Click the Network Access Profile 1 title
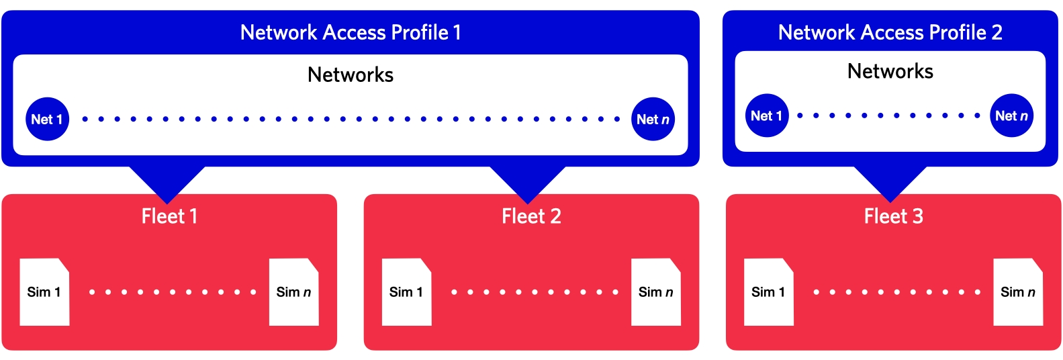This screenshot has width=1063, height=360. click(x=351, y=32)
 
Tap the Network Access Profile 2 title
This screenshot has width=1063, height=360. click(x=890, y=32)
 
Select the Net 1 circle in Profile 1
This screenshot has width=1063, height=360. click(x=47, y=120)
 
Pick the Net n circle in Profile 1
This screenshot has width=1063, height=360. click(x=653, y=120)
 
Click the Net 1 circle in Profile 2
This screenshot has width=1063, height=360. click(x=767, y=116)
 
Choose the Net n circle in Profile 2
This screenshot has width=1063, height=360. click(x=1011, y=116)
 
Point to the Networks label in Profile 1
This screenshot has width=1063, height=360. click(x=351, y=75)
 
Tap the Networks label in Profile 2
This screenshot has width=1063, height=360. click(x=890, y=71)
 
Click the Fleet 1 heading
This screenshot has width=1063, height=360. click(x=169, y=216)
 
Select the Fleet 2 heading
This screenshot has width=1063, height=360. click(x=531, y=216)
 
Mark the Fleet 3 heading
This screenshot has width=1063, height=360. click(x=893, y=216)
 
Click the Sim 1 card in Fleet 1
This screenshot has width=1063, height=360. click(x=44, y=292)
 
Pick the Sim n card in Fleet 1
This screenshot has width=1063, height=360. click(x=293, y=292)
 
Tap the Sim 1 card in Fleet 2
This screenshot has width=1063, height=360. click(x=406, y=292)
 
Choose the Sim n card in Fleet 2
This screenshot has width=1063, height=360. click(x=655, y=292)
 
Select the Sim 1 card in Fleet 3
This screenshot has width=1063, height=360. click(x=768, y=292)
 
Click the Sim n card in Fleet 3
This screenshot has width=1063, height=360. click(x=1017, y=292)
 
